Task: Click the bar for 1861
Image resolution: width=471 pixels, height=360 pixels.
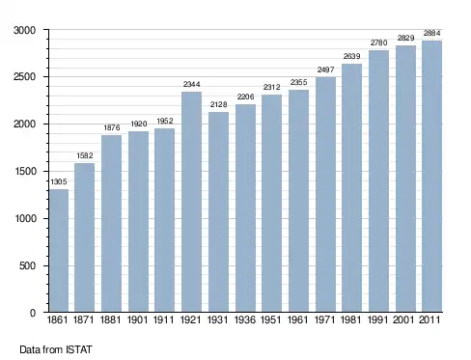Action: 59,250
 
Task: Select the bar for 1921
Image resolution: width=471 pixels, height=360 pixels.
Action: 191,202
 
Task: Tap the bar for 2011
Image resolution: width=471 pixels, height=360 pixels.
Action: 432,176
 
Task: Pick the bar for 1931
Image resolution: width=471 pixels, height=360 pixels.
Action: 218,211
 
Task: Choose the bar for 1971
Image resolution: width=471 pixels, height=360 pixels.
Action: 325,194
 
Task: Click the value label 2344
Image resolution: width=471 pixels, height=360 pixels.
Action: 192,84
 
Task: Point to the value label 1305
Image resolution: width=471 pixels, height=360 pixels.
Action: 59,181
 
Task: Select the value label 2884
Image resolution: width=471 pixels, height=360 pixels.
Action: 432,33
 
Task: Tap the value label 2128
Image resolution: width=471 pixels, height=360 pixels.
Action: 219,104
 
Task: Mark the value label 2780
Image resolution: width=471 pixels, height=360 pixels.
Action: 378,42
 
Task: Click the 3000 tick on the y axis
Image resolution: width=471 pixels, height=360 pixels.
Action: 24,30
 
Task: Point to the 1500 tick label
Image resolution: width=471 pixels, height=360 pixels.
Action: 25,171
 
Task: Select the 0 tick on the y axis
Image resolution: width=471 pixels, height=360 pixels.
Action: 33,313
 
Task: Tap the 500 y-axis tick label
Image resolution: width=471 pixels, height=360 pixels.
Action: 27,265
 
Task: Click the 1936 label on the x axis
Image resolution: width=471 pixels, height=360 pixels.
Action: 245,319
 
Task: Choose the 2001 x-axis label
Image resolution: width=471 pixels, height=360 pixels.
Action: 403,319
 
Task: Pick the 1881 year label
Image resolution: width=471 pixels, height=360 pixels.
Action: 111,319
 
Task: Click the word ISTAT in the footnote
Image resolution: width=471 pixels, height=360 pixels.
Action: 79,349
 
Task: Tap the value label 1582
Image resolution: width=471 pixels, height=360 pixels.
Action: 85,155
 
